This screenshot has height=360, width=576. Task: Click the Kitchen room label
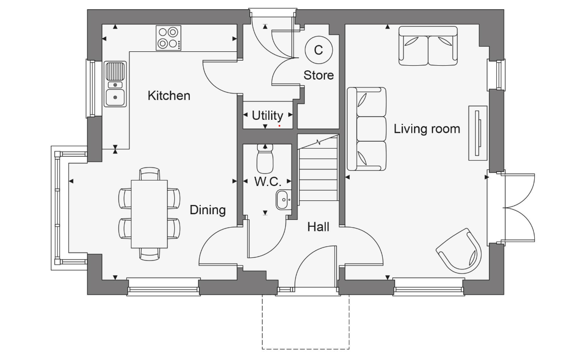click(x=169, y=96)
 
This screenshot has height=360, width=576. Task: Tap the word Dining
click(x=208, y=210)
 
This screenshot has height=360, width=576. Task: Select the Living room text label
click(x=427, y=129)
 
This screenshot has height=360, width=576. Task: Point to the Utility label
click(x=267, y=115)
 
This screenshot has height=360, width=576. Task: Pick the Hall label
click(x=318, y=227)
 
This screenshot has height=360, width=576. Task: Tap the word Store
click(x=318, y=75)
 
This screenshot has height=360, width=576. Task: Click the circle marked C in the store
click(x=318, y=50)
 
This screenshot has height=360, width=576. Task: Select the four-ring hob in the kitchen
click(x=168, y=38)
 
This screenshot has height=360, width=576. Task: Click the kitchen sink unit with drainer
click(x=115, y=84)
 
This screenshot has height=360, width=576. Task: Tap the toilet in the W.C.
click(x=265, y=159)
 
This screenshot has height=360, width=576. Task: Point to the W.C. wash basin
click(x=283, y=200)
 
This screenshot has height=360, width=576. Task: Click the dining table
click(x=149, y=214)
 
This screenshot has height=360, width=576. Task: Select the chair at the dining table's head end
click(x=149, y=174)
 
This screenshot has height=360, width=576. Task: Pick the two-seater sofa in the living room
click(x=428, y=46)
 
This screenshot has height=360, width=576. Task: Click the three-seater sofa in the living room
click(x=367, y=128)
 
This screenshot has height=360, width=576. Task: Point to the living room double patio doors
click(x=518, y=208)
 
